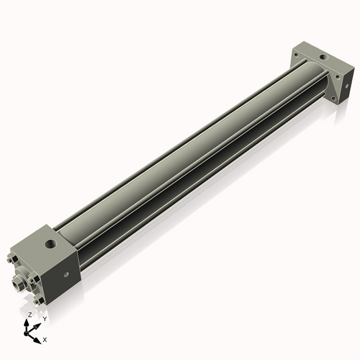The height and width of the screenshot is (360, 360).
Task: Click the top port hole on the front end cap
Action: [50, 244]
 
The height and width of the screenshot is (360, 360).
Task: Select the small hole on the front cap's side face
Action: [66, 275]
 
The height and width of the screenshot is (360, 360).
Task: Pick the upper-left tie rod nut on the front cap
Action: [10, 259]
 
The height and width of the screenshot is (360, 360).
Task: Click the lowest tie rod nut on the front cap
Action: [37, 301]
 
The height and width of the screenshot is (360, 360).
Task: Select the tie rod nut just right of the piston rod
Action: [32, 280]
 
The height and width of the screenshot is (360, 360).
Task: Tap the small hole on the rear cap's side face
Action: [347, 86]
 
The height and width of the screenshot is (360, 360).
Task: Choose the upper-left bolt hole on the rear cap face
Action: [296, 55]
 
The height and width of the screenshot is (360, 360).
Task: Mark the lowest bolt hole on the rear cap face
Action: [333, 98]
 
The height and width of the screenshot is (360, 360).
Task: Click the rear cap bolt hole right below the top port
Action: [338, 77]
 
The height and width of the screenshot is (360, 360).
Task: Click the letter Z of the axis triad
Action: [30, 315]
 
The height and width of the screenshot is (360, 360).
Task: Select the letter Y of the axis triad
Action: [45, 319]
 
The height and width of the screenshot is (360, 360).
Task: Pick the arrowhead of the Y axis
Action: [37, 325]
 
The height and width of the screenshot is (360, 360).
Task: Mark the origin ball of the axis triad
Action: [26, 333]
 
